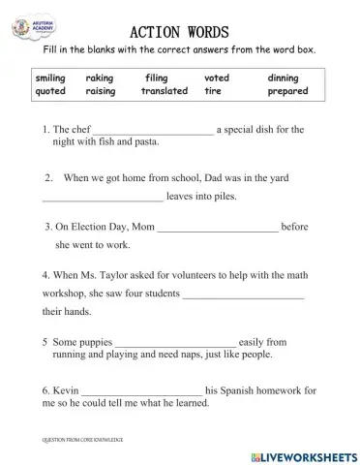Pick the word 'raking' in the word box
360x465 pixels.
100,77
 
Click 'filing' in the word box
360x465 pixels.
156,77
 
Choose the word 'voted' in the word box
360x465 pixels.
218,77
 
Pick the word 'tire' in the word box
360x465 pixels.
213,91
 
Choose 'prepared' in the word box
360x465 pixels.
287,91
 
